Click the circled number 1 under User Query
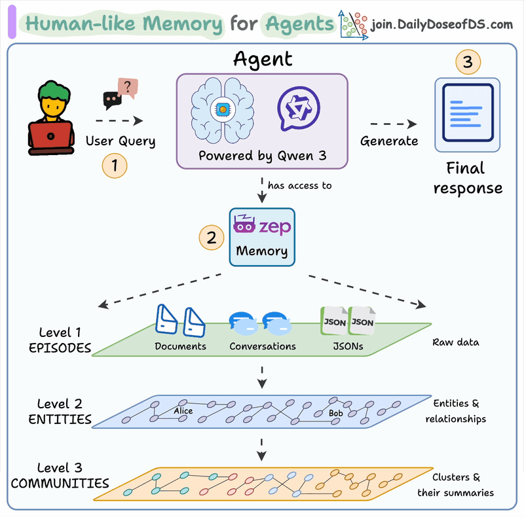point(115,166)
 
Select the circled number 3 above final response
point(468,63)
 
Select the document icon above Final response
point(468,110)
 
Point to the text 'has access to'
point(299,185)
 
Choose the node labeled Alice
point(184,410)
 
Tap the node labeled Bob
point(336,414)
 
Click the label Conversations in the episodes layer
point(263,346)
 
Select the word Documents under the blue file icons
point(181,346)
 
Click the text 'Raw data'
point(457,342)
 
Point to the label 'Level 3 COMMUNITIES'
point(60,476)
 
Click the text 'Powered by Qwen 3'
point(261,156)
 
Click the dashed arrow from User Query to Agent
point(119,120)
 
